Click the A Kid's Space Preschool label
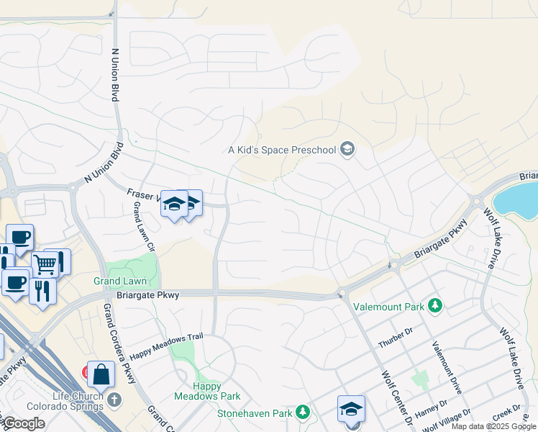[x=282, y=150]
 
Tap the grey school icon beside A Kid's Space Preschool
[x=347, y=150]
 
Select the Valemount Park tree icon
[x=434, y=306]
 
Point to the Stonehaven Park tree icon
[x=304, y=413]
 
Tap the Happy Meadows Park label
[x=207, y=391]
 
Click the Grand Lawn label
[x=120, y=281]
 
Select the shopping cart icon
[x=45, y=264]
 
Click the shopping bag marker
[x=101, y=374]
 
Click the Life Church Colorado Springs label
[x=78, y=401]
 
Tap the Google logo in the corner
[x=24, y=423]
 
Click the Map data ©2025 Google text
[x=493, y=426]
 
